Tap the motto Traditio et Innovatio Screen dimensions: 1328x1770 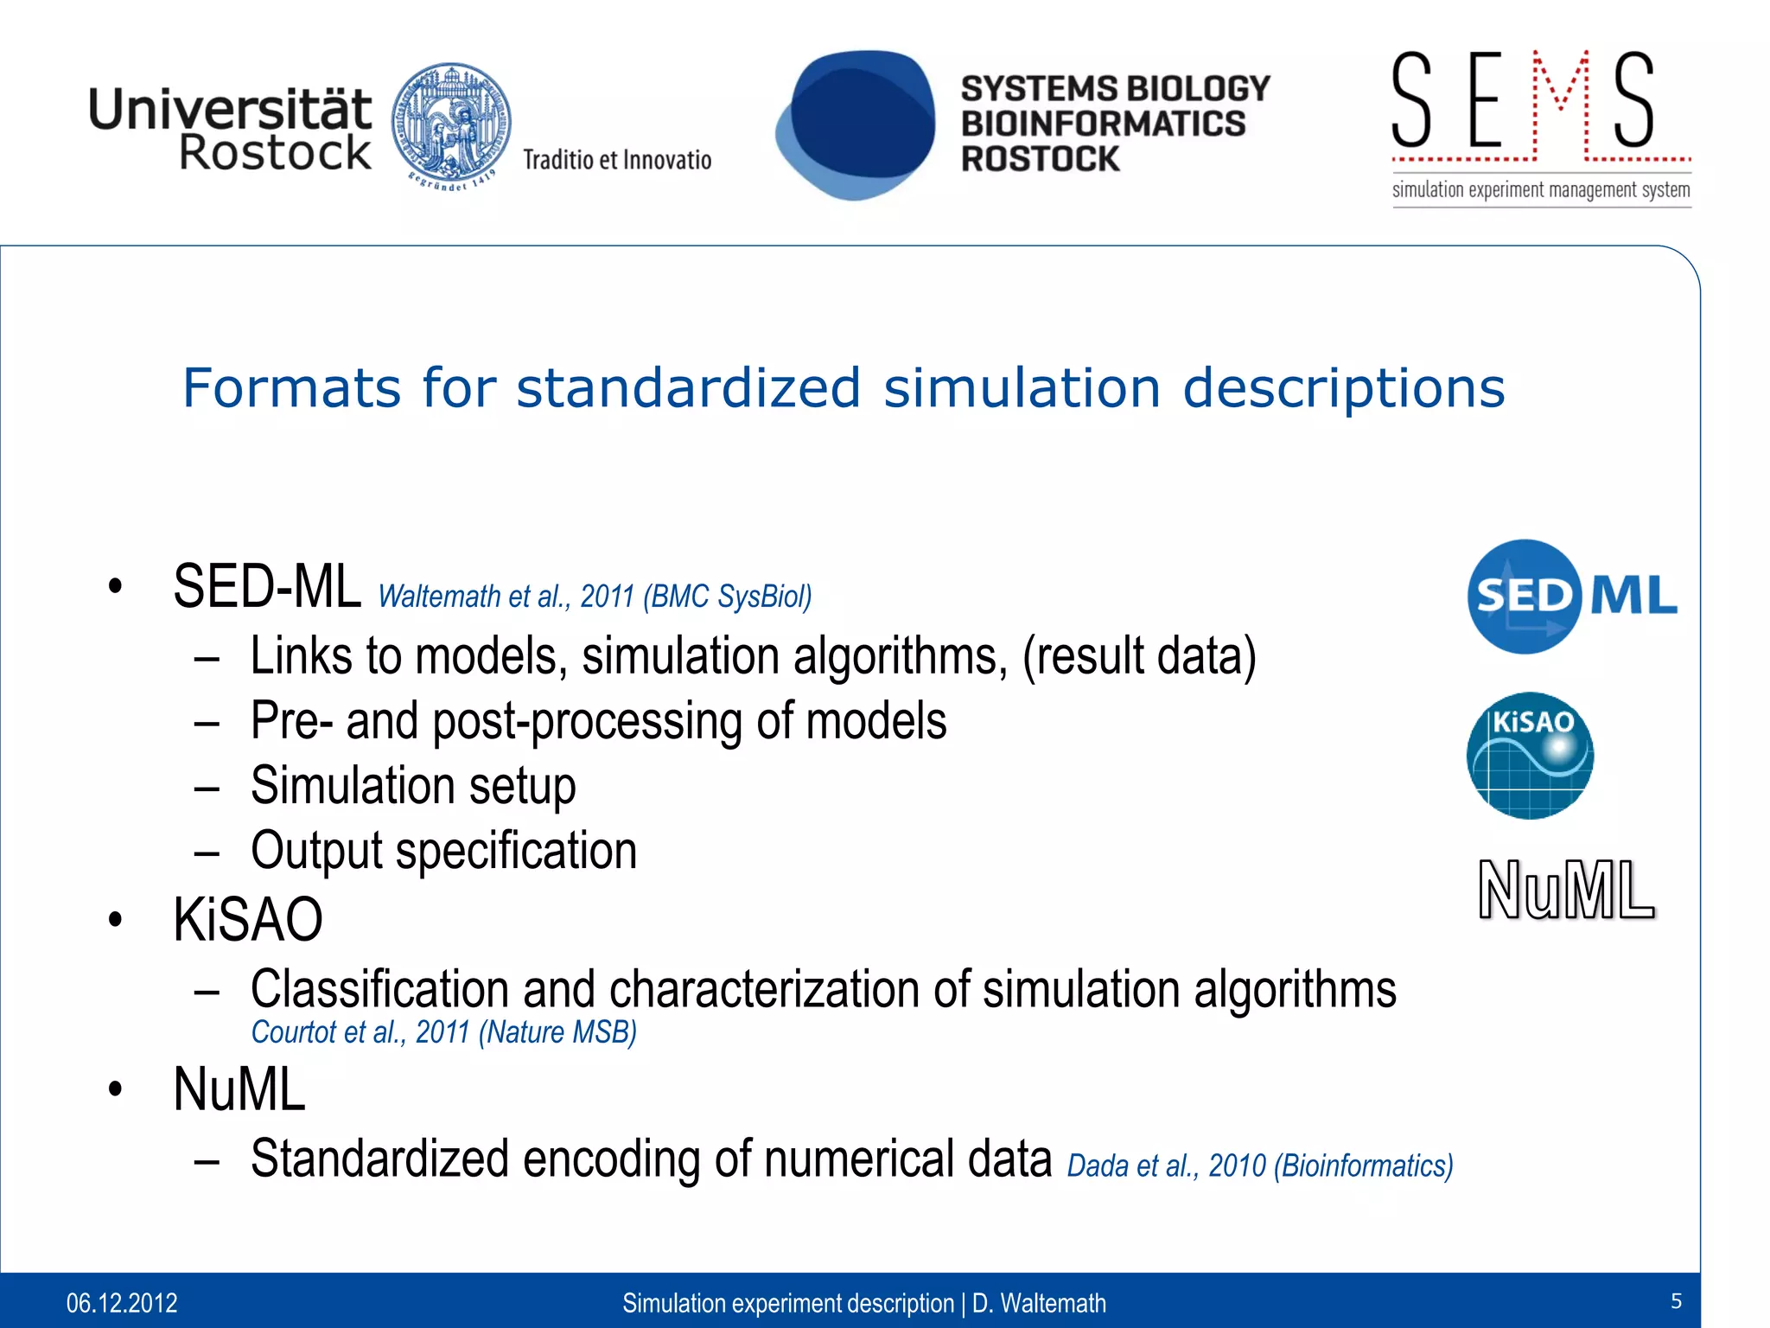(616, 160)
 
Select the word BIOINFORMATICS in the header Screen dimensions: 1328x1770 (1103, 124)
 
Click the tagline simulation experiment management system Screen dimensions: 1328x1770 (1540, 190)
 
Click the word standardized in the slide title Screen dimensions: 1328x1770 (688, 387)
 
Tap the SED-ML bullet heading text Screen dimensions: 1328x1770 (266, 587)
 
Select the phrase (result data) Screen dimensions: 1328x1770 (1138, 656)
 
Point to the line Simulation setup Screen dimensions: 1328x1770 (413, 786)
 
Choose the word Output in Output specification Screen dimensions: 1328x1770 (315, 851)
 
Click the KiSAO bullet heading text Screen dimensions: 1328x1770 (247, 919)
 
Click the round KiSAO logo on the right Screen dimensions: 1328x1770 (1530, 755)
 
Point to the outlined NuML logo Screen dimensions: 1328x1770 (1565, 890)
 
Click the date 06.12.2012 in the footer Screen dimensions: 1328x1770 (122, 1302)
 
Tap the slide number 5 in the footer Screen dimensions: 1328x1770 (1676, 1301)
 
